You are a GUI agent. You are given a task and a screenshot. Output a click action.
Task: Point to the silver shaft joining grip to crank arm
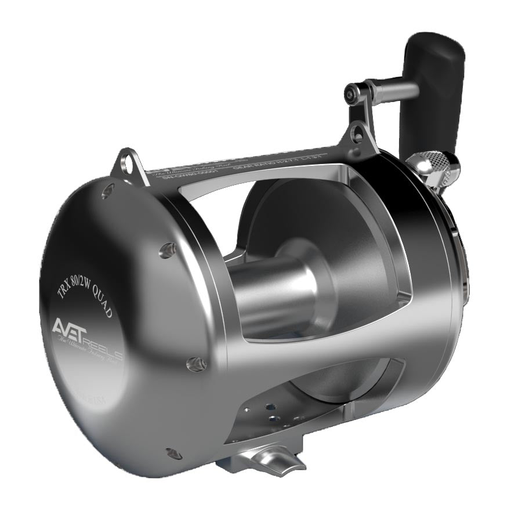[x=394, y=89]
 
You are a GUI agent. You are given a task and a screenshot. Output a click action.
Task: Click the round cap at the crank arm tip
[x=351, y=92]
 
